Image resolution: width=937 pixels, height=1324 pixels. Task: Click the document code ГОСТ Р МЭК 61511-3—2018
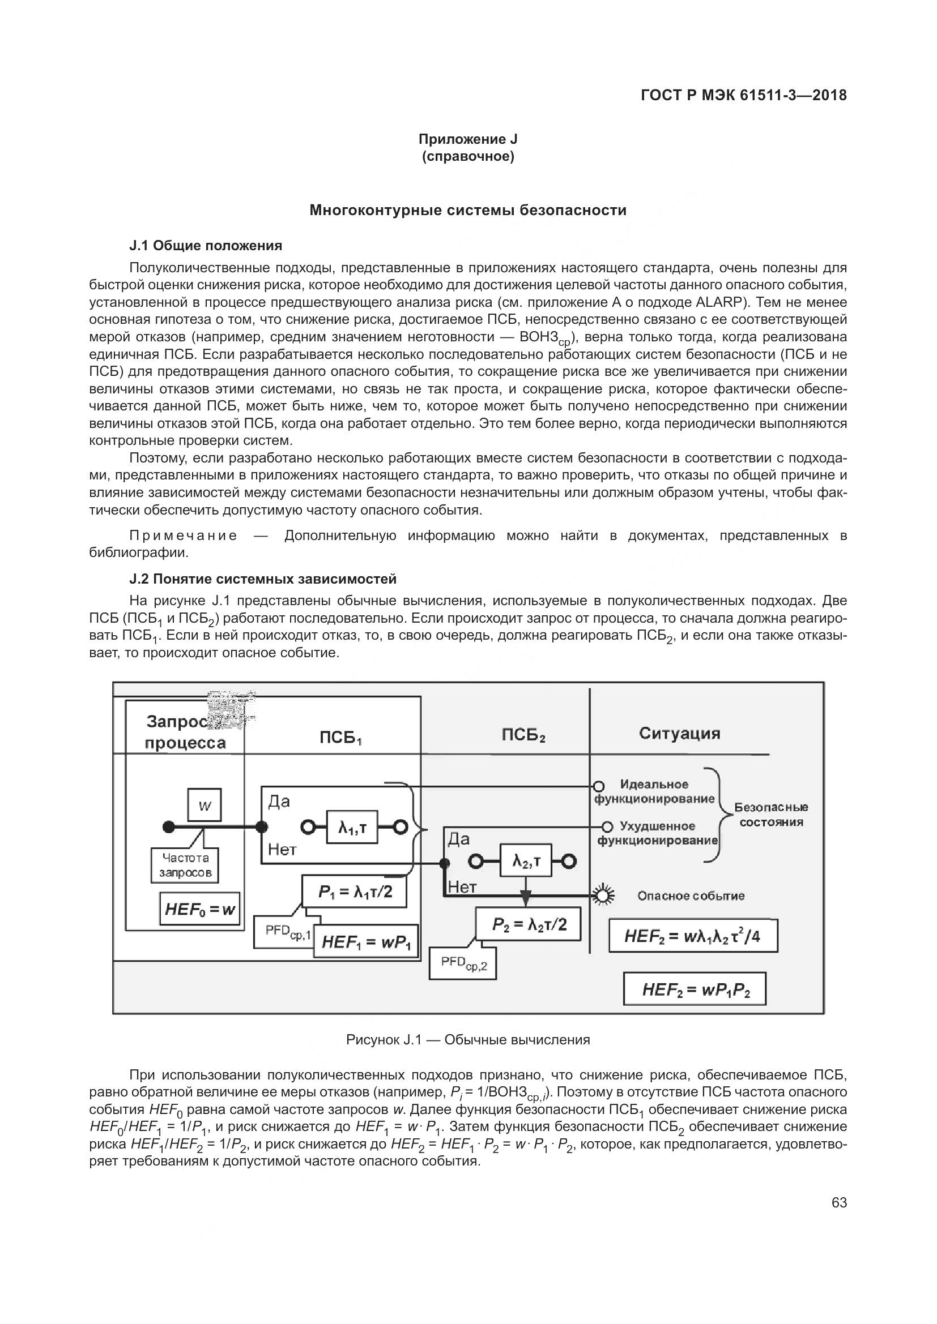[x=744, y=95]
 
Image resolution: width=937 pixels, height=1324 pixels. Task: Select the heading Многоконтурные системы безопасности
[x=468, y=210]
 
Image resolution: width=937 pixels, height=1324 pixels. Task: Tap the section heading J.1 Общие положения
[x=206, y=246]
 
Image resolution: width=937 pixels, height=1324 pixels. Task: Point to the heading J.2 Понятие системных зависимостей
[x=263, y=579]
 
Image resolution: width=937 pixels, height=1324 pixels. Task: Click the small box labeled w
[x=205, y=805]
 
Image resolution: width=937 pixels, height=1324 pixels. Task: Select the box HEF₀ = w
[x=200, y=910]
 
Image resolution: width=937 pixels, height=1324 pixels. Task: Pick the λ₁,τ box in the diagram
[x=352, y=828]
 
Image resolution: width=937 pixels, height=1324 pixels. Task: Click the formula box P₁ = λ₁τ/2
[x=355, y=892]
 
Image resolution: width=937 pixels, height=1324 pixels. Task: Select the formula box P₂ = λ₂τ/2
[x=529, y=925]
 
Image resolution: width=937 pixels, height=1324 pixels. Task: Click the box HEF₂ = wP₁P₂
[x=695, y=989]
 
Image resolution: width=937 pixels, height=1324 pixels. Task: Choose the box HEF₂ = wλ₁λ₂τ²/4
[x=693, y=936]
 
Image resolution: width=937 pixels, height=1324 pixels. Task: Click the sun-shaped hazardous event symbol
[x=603, y=895]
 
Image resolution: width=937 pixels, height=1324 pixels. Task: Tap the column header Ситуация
[x=680, y=734]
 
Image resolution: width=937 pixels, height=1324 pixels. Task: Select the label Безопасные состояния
[x=771, y=814]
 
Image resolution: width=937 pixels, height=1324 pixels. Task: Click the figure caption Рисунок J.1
[x=468, y=1040]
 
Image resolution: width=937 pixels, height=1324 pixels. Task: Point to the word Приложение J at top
[x=468, y=139]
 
